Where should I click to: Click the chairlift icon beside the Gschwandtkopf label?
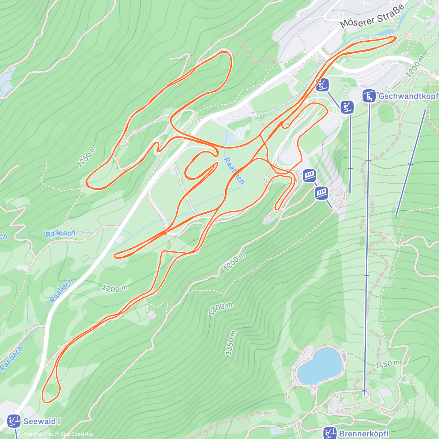point(369,96)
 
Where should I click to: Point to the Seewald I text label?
point(42,421)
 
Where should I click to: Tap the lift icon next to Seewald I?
point(14,421)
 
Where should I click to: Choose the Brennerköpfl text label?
point(364,434)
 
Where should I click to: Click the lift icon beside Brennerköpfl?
point(330,434)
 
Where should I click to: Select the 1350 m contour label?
point(230,343)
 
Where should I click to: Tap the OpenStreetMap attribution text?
point(77,434)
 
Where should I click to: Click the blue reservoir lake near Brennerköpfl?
point(318,366)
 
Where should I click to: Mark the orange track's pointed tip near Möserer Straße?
point(395,38)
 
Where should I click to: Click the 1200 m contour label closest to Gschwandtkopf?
point(416,67)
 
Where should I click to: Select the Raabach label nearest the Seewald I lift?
point(12,358)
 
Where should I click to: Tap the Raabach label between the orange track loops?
point(234,171)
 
